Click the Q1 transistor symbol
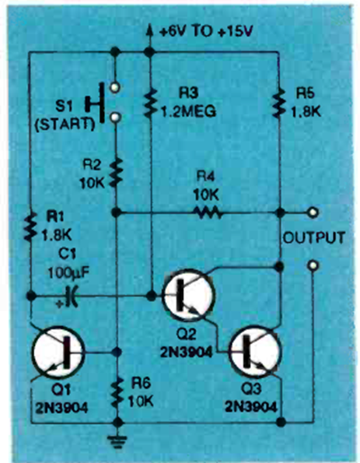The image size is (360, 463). pyautogui.click(x=58, y=352)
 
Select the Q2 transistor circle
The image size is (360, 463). pyautogui.click(x=189, y=295)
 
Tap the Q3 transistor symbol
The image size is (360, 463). pyautogui.click(x=255, y=352)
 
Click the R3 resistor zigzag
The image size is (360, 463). pyautogui.click(x=150, y=103)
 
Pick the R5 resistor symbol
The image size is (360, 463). pyautogui.click(x=279, y=103)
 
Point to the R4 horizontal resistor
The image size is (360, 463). pyautogui.click(x=207, y=212)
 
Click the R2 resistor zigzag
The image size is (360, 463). pyautogui.click(x=117, y=173)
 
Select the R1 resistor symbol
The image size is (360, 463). pyautogui.click(x=30, y=226)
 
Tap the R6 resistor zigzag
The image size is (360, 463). pyautogui.click(x=117, y=393)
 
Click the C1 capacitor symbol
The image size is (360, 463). pyautogui.click(x=72, y=296)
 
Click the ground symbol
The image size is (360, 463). pyautogui.click(x=117, y=441)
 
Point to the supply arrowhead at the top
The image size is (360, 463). pyautogui.click(x=149, y=30)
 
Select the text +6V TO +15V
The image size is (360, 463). pyautogui.click(x=206, y=31)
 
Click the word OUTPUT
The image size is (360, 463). pyautogui.click(x=314, y=238)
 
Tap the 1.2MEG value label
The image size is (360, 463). pyautogui.click(x=189, y=111)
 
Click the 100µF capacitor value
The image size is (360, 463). pyautogui.click(x=68, y=273)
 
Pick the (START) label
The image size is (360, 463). pyautogui.click(x=65, y=125)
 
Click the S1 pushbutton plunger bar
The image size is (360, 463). pyautogui.click(x=102, y=103)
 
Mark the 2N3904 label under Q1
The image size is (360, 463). pyautogui.click(x=61, y=408)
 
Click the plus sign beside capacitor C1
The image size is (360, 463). pyautogui.click(x=60, y=303)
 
